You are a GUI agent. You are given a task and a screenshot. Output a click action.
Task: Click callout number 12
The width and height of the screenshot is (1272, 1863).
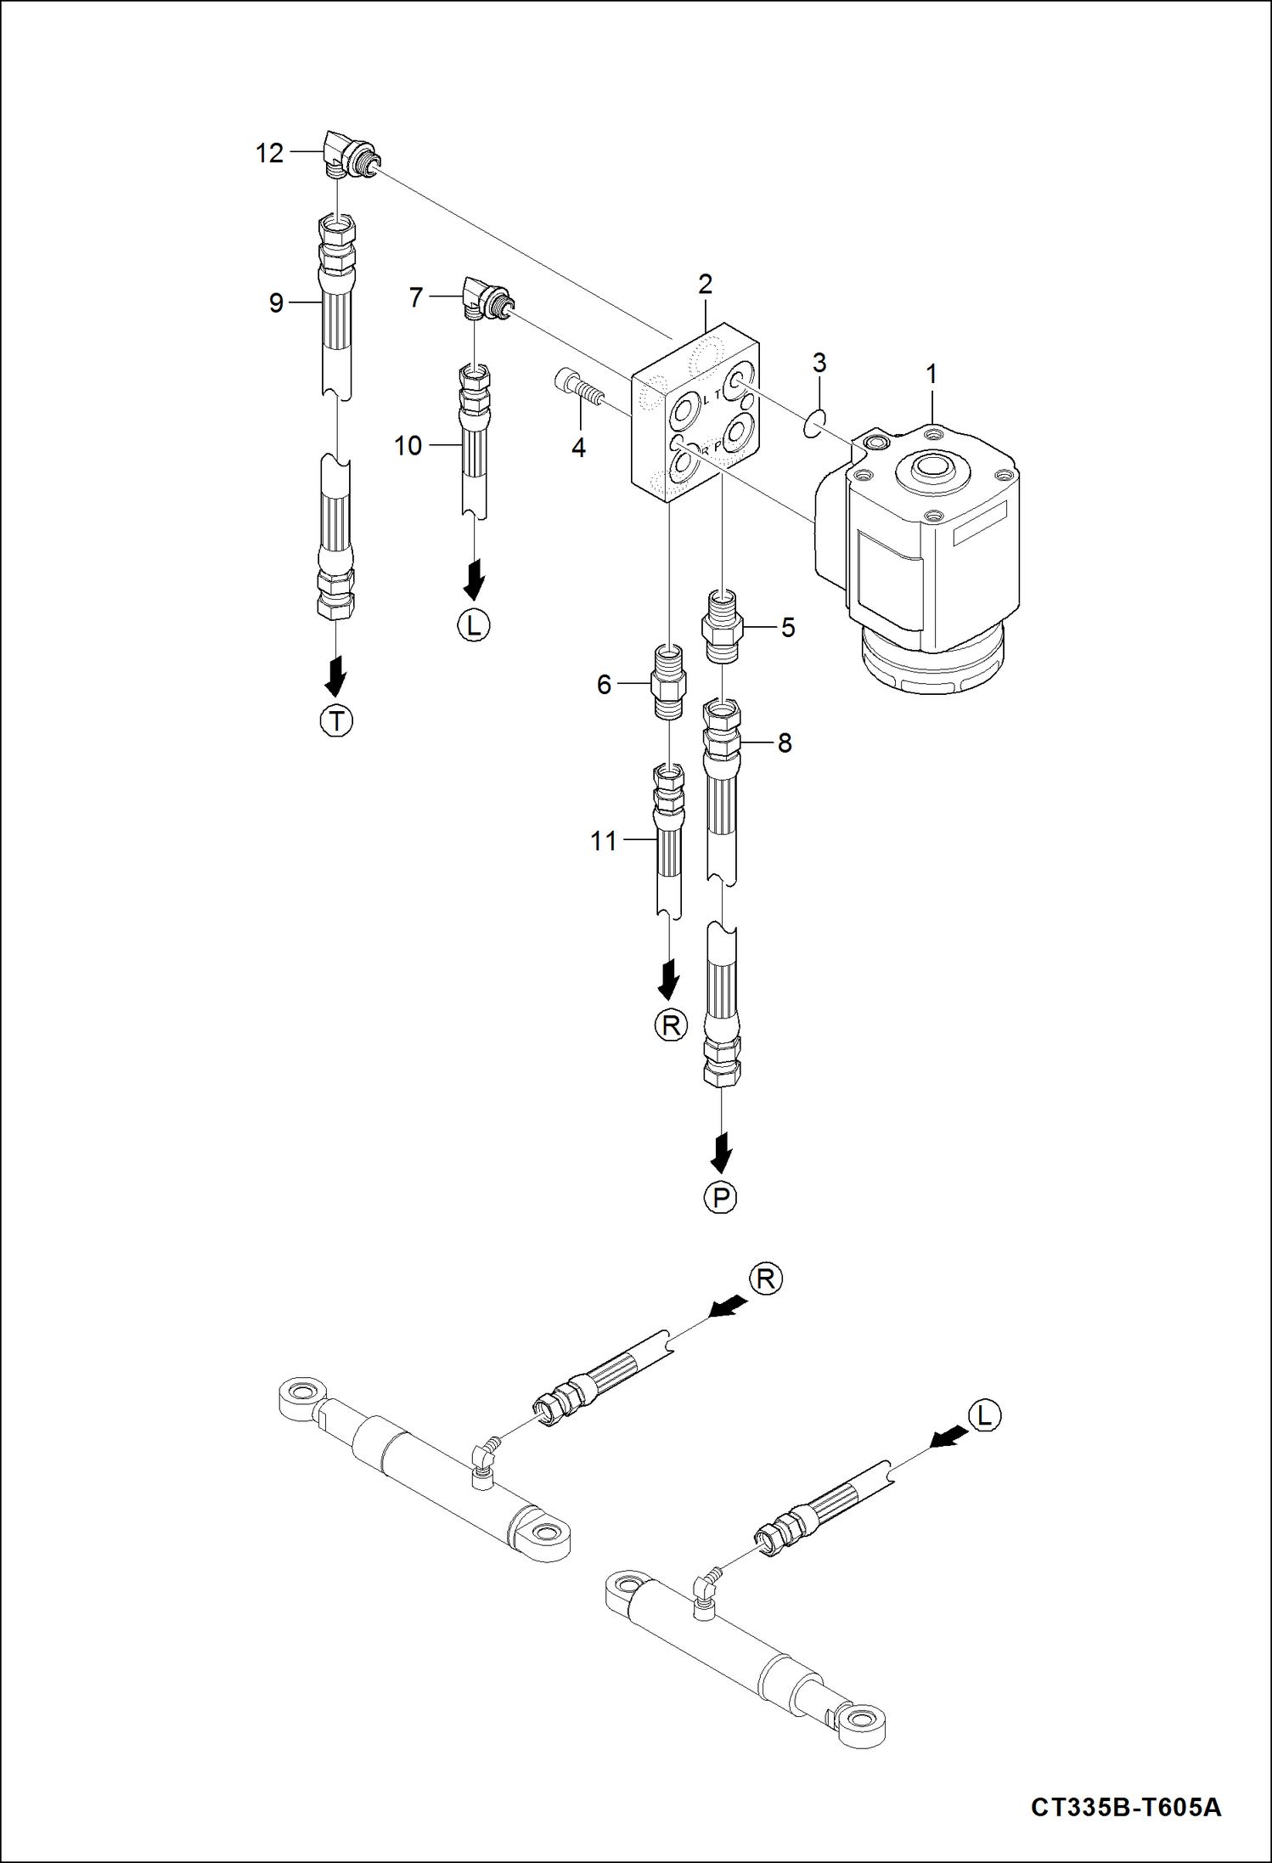[269, 153]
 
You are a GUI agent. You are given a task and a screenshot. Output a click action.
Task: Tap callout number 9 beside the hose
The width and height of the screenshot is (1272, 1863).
[276, 302]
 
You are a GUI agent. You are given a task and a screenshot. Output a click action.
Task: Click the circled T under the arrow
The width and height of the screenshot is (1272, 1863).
[336, 721]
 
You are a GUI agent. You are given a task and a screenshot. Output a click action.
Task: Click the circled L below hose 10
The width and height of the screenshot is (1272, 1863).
[474, 626]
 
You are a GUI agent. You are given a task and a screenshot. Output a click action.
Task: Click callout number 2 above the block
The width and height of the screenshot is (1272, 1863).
[705, 285]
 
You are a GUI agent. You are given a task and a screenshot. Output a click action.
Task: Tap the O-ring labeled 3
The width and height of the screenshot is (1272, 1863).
[813, 422]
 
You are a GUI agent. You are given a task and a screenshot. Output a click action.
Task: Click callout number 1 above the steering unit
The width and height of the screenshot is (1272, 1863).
[931, 374]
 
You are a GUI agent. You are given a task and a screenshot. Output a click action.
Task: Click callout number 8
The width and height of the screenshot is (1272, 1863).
[785, 743]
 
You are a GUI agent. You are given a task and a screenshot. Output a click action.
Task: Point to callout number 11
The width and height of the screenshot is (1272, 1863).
[604, 841]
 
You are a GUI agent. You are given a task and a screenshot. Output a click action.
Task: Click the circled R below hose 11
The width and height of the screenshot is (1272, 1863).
[670, 1025]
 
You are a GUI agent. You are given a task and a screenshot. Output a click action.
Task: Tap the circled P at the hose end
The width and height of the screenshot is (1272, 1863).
[721, 1198]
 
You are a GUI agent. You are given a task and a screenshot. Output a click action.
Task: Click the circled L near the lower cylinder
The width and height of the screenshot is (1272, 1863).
[984, 1415]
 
